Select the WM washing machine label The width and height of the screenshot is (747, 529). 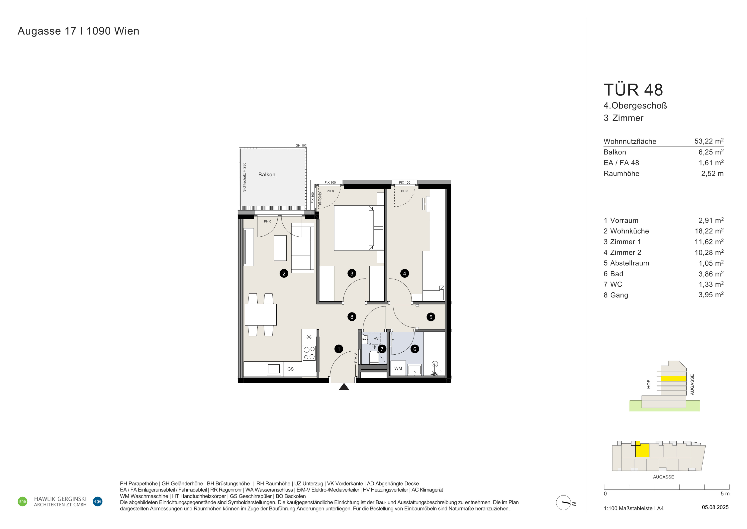(x=398, y=368)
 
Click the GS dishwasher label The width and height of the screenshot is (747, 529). (x=290, y=369)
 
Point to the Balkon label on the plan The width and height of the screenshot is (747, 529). (x=267, y=175)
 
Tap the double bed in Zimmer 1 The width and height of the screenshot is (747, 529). (x=359, y=228)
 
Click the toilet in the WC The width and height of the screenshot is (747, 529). (x=374, y=357)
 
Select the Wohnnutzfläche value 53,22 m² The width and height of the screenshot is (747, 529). (x=709, y=141)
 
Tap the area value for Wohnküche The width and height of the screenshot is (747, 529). (x=709, y=231)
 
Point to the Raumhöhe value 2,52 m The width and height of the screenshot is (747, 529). (x=712, y=174)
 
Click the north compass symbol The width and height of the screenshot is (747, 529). (x=564, y=503)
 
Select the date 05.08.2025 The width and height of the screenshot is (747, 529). (x=715, y=507)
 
